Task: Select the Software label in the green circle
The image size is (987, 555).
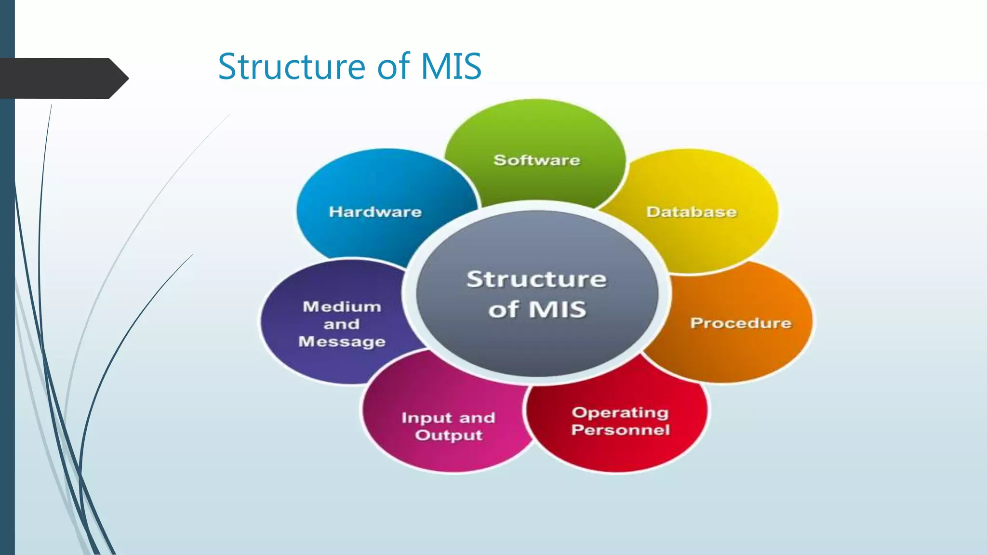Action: (x=536, y=160)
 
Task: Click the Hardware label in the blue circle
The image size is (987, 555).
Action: (x=375, y=212)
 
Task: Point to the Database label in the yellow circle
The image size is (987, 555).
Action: (x=691, y=212)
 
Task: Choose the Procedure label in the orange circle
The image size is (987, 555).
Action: (x=740, y=323)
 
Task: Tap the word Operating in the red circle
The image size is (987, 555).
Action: (x=620, y=412)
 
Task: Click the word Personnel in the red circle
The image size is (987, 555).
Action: (x=620, y=430)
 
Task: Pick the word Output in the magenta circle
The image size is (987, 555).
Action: (x=449, y=436)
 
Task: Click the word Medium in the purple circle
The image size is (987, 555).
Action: (x=342, y=307)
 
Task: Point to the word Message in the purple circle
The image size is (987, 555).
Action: (x=342, y=342)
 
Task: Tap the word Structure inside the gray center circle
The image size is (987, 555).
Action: (x=536, y=279)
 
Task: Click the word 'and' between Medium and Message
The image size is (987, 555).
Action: (x=341, y=324)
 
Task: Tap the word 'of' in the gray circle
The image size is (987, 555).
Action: (x=503, y=309)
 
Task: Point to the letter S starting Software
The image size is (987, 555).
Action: (x=499, y=160)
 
